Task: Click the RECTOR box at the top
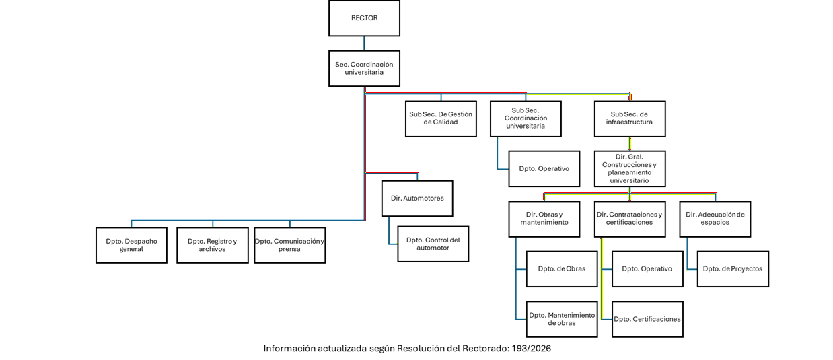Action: (364, 18)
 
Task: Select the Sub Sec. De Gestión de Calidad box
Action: (441, 118)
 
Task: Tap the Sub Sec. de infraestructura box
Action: (629, 118)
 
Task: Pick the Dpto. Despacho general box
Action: (131, 245)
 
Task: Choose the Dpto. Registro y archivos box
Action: (212, 245)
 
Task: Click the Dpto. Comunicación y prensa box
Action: (289, 245)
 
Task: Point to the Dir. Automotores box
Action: (417, 199)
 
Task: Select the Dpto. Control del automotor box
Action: (433, 244)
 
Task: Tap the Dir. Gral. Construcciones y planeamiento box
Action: (629, 168)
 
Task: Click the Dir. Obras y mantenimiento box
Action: (544, 219)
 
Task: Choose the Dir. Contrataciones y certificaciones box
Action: (629, 219)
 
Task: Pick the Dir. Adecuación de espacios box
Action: (715, 219)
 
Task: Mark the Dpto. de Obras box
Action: (561, 268)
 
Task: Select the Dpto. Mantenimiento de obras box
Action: (561, 319)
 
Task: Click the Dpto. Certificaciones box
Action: (647, 319)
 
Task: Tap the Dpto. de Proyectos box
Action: (732, 268)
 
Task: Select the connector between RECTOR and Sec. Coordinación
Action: (364, 43)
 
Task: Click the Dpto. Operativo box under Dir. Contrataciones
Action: (647, 268)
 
